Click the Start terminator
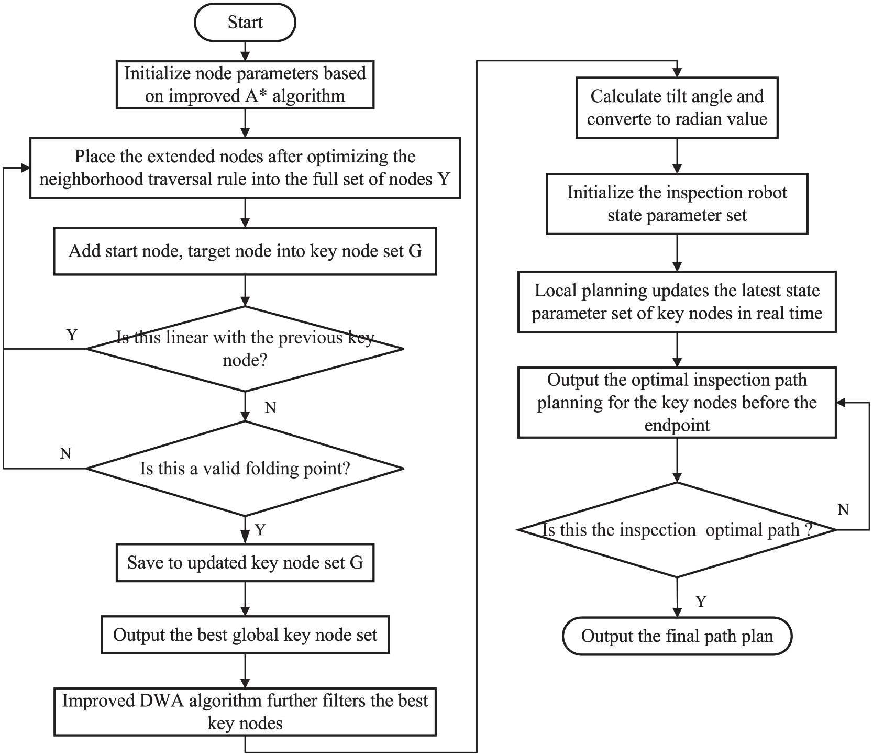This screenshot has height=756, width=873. [x=245, y=23]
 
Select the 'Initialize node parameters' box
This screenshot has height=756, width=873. [x=245, y=85]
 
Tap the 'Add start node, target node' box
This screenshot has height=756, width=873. [x=245, y=251]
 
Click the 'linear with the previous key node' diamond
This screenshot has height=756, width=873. [x=245, y=349]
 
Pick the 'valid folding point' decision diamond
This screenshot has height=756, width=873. [x=245, y=469]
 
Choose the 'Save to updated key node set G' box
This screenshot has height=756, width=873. [x=245, y=563]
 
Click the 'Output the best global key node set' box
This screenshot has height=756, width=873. [x=245, y=635]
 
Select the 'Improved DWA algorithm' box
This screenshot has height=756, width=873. [x=245, y=712]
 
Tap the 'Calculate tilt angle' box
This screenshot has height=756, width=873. [x=677, y=108]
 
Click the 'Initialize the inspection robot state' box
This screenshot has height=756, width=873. [x=677, y=204]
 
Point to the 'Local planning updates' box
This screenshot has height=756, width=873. [x=677, y=302]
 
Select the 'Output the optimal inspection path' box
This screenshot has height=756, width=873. [x=677, y=403]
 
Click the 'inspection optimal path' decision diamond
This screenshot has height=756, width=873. [x=677, y=530]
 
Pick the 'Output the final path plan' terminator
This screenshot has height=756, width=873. [x=677, y=636]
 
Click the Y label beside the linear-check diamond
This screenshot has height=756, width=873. [x=72, y=335]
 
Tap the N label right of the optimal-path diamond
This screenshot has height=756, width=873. [x=843, y=509]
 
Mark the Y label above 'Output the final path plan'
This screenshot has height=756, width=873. [x=701, y=601]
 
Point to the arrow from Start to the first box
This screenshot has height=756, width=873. [x=245, y=51]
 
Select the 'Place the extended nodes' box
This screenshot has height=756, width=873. [x=245, y=168]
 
